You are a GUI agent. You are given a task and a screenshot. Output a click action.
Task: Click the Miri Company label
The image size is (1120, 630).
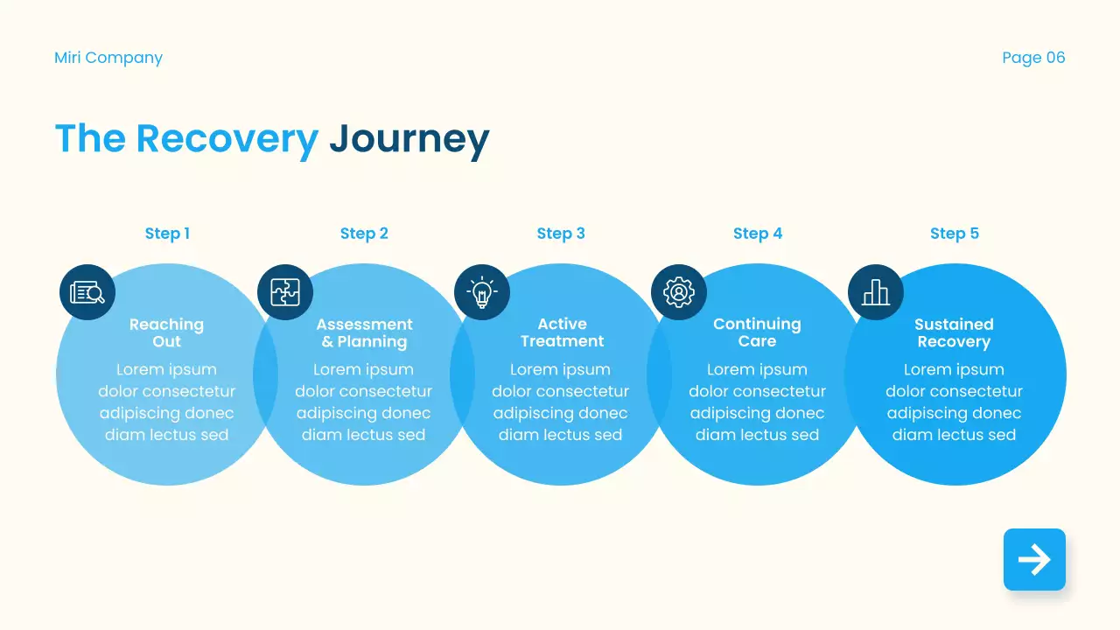108,58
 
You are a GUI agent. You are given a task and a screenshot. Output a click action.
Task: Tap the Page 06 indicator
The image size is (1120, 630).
1033,58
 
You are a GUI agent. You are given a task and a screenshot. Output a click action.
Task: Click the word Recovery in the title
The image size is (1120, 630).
227,138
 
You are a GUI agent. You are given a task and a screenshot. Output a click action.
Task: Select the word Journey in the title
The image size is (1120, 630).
409,138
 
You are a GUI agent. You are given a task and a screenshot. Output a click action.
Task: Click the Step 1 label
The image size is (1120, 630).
167,234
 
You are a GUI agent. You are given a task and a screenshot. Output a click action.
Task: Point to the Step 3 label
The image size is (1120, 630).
561,234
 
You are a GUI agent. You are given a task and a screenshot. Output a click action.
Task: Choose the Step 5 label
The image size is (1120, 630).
955,234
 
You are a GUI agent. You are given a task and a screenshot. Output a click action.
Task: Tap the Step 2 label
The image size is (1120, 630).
364,234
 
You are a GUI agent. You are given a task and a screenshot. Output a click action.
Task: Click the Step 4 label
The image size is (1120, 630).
758,234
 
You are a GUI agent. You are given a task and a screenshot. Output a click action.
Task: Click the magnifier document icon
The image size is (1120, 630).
87,292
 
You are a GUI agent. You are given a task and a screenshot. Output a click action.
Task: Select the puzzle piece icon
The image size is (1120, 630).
285,292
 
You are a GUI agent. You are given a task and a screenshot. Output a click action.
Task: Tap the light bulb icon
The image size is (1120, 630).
482,292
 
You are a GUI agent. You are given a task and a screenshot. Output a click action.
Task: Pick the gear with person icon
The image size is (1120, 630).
679,292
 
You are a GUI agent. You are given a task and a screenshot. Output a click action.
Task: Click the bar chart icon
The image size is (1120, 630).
876,292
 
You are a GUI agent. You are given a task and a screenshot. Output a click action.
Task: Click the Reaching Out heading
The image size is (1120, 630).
166,332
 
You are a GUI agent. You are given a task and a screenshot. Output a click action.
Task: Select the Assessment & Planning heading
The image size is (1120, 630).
364,332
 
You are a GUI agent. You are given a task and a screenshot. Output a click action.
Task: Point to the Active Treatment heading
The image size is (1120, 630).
562,332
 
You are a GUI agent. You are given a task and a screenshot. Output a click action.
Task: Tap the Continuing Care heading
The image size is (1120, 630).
757,332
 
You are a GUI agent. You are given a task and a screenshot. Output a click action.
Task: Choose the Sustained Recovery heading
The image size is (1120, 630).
954,332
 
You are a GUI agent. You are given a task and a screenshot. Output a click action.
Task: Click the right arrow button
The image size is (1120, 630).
1034,559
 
